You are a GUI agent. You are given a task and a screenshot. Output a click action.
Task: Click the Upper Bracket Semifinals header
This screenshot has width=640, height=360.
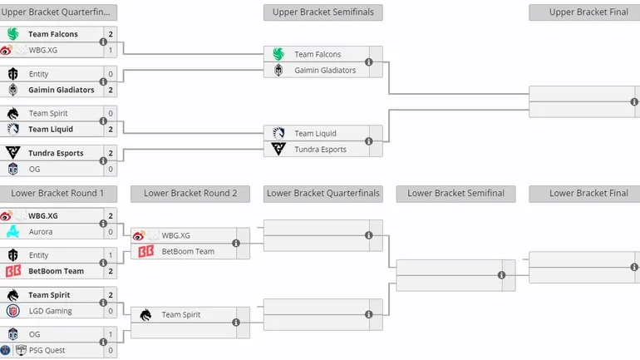point(322,12)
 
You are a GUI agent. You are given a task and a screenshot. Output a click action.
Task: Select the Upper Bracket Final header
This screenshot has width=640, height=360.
point(584,12)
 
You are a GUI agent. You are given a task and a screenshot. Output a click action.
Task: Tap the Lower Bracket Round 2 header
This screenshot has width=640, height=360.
point(190,194)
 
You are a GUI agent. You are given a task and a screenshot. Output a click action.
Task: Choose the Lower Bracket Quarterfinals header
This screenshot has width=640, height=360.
point(322,194)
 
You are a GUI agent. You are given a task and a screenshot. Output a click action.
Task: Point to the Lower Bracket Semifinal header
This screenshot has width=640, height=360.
point(455,194)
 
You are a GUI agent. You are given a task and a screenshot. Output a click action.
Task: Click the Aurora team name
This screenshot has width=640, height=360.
point(40,232)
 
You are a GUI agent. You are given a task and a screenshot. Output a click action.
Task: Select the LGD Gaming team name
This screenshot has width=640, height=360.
point(50,311)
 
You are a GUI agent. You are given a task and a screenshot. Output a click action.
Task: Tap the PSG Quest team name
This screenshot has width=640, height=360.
point(47,350)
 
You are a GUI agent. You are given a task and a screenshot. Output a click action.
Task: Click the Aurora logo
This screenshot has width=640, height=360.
point(13,232)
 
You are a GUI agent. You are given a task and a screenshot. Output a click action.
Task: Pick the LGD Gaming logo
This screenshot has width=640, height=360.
point(13,311)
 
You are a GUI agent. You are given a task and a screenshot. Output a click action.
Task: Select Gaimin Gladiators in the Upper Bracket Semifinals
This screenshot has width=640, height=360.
point(324,71)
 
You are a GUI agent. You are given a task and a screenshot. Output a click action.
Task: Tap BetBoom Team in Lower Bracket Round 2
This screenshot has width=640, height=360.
point(188,251)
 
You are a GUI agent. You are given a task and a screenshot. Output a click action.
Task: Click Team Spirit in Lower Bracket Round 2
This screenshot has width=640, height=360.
point(180,315)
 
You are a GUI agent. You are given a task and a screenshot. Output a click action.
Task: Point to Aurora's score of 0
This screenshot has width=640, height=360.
point(111,232)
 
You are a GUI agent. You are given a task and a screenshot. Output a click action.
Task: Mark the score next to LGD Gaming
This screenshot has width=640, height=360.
point(111,311)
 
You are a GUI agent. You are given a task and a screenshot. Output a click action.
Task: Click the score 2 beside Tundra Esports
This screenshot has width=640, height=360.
point(111,153)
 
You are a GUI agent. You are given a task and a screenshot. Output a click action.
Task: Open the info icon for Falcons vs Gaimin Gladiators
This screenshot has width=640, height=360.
point(368,62)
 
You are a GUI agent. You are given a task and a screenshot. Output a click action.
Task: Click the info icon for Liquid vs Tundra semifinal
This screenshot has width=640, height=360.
point(368,141)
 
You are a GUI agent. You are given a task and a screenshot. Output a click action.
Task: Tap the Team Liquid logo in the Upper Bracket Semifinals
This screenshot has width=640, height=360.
point(278,133)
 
